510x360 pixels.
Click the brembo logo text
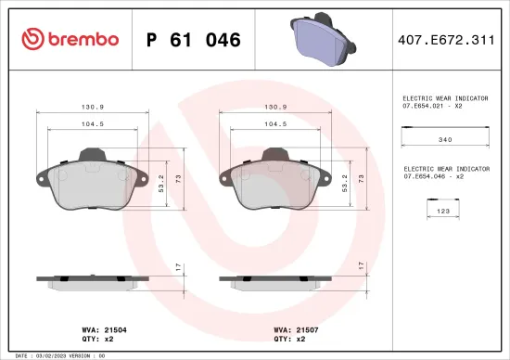[81, 39]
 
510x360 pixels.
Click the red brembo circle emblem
[33, 39]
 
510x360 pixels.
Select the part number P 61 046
[194, 40]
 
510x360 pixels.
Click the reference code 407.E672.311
[446, 40]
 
